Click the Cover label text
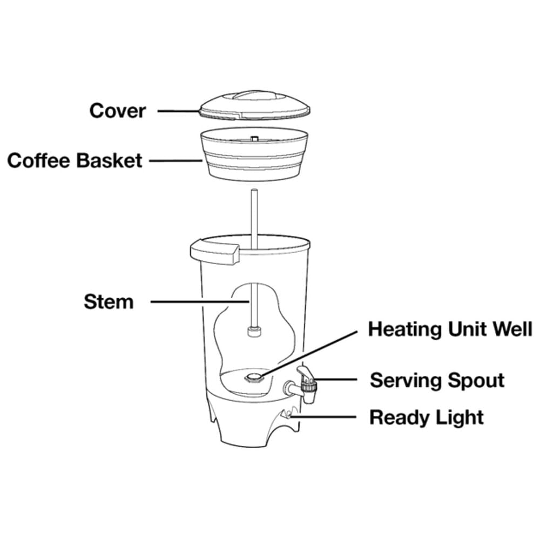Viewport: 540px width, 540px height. (118, 111)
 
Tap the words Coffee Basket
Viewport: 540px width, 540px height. (75, 160)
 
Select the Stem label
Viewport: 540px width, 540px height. (109, 302)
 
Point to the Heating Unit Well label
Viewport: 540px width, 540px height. (450, 329)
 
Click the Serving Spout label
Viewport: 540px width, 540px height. (437, 381)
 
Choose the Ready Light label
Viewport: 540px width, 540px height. (427, 418)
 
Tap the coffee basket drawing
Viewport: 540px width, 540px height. (254, 153)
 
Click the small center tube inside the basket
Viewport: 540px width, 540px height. (254, 138)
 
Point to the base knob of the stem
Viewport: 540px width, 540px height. (254, 332)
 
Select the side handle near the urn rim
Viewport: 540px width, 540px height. (214, 252)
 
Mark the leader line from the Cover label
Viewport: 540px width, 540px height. (179, 111)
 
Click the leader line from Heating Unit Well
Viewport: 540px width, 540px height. (309, 354)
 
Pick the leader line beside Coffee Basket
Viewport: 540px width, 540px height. (175, 160)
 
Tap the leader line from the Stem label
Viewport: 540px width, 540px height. (200, 302)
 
